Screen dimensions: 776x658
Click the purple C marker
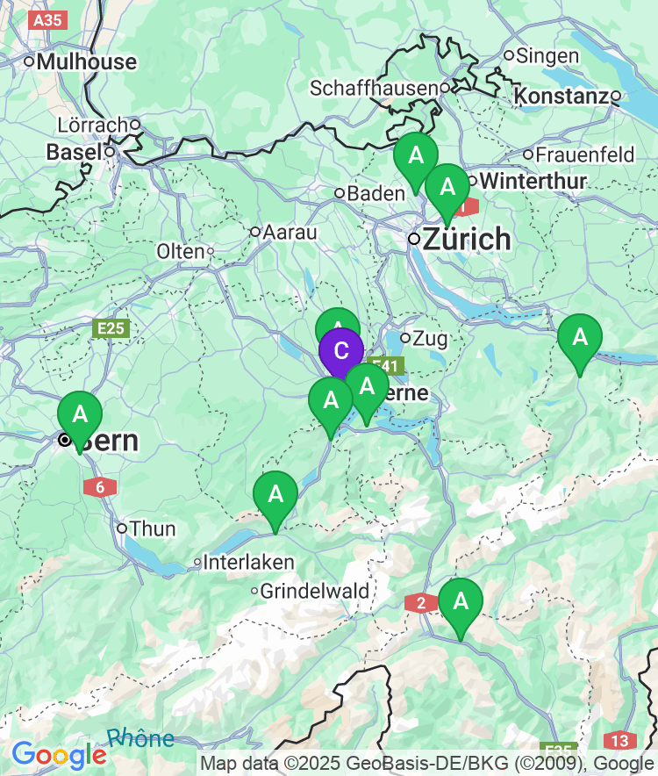(340, 351)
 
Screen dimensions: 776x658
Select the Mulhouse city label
(87, 61)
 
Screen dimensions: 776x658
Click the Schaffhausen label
(374, 88)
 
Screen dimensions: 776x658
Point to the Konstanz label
(562, 96)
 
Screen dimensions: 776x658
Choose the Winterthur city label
(533, 182)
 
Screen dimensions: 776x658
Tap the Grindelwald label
(315, 591)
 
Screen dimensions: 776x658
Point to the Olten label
(180, 251)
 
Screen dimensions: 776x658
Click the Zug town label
(430, 338)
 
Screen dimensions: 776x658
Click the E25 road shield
(111, 328)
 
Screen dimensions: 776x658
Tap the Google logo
(58, 754)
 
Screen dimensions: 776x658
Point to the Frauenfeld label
(585, 155)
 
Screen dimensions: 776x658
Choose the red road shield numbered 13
(620, 740)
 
